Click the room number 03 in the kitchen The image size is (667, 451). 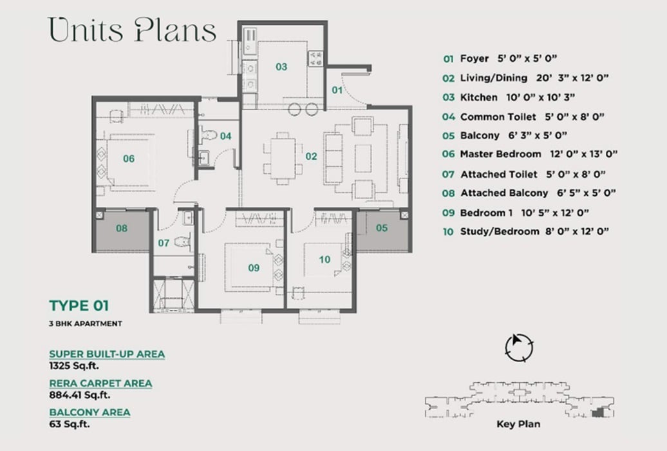point(281,66)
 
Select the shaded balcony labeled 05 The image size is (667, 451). point(382,231)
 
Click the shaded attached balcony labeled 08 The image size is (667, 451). point(122,231)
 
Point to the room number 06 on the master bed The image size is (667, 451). point(129,158)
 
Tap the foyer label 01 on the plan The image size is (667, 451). point(337,90)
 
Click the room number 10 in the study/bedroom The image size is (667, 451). point(324,260)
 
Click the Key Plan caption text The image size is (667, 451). point(518,424)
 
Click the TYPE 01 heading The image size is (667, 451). point(79,305)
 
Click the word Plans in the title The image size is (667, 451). point(174,30)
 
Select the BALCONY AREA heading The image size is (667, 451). point(89,412)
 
